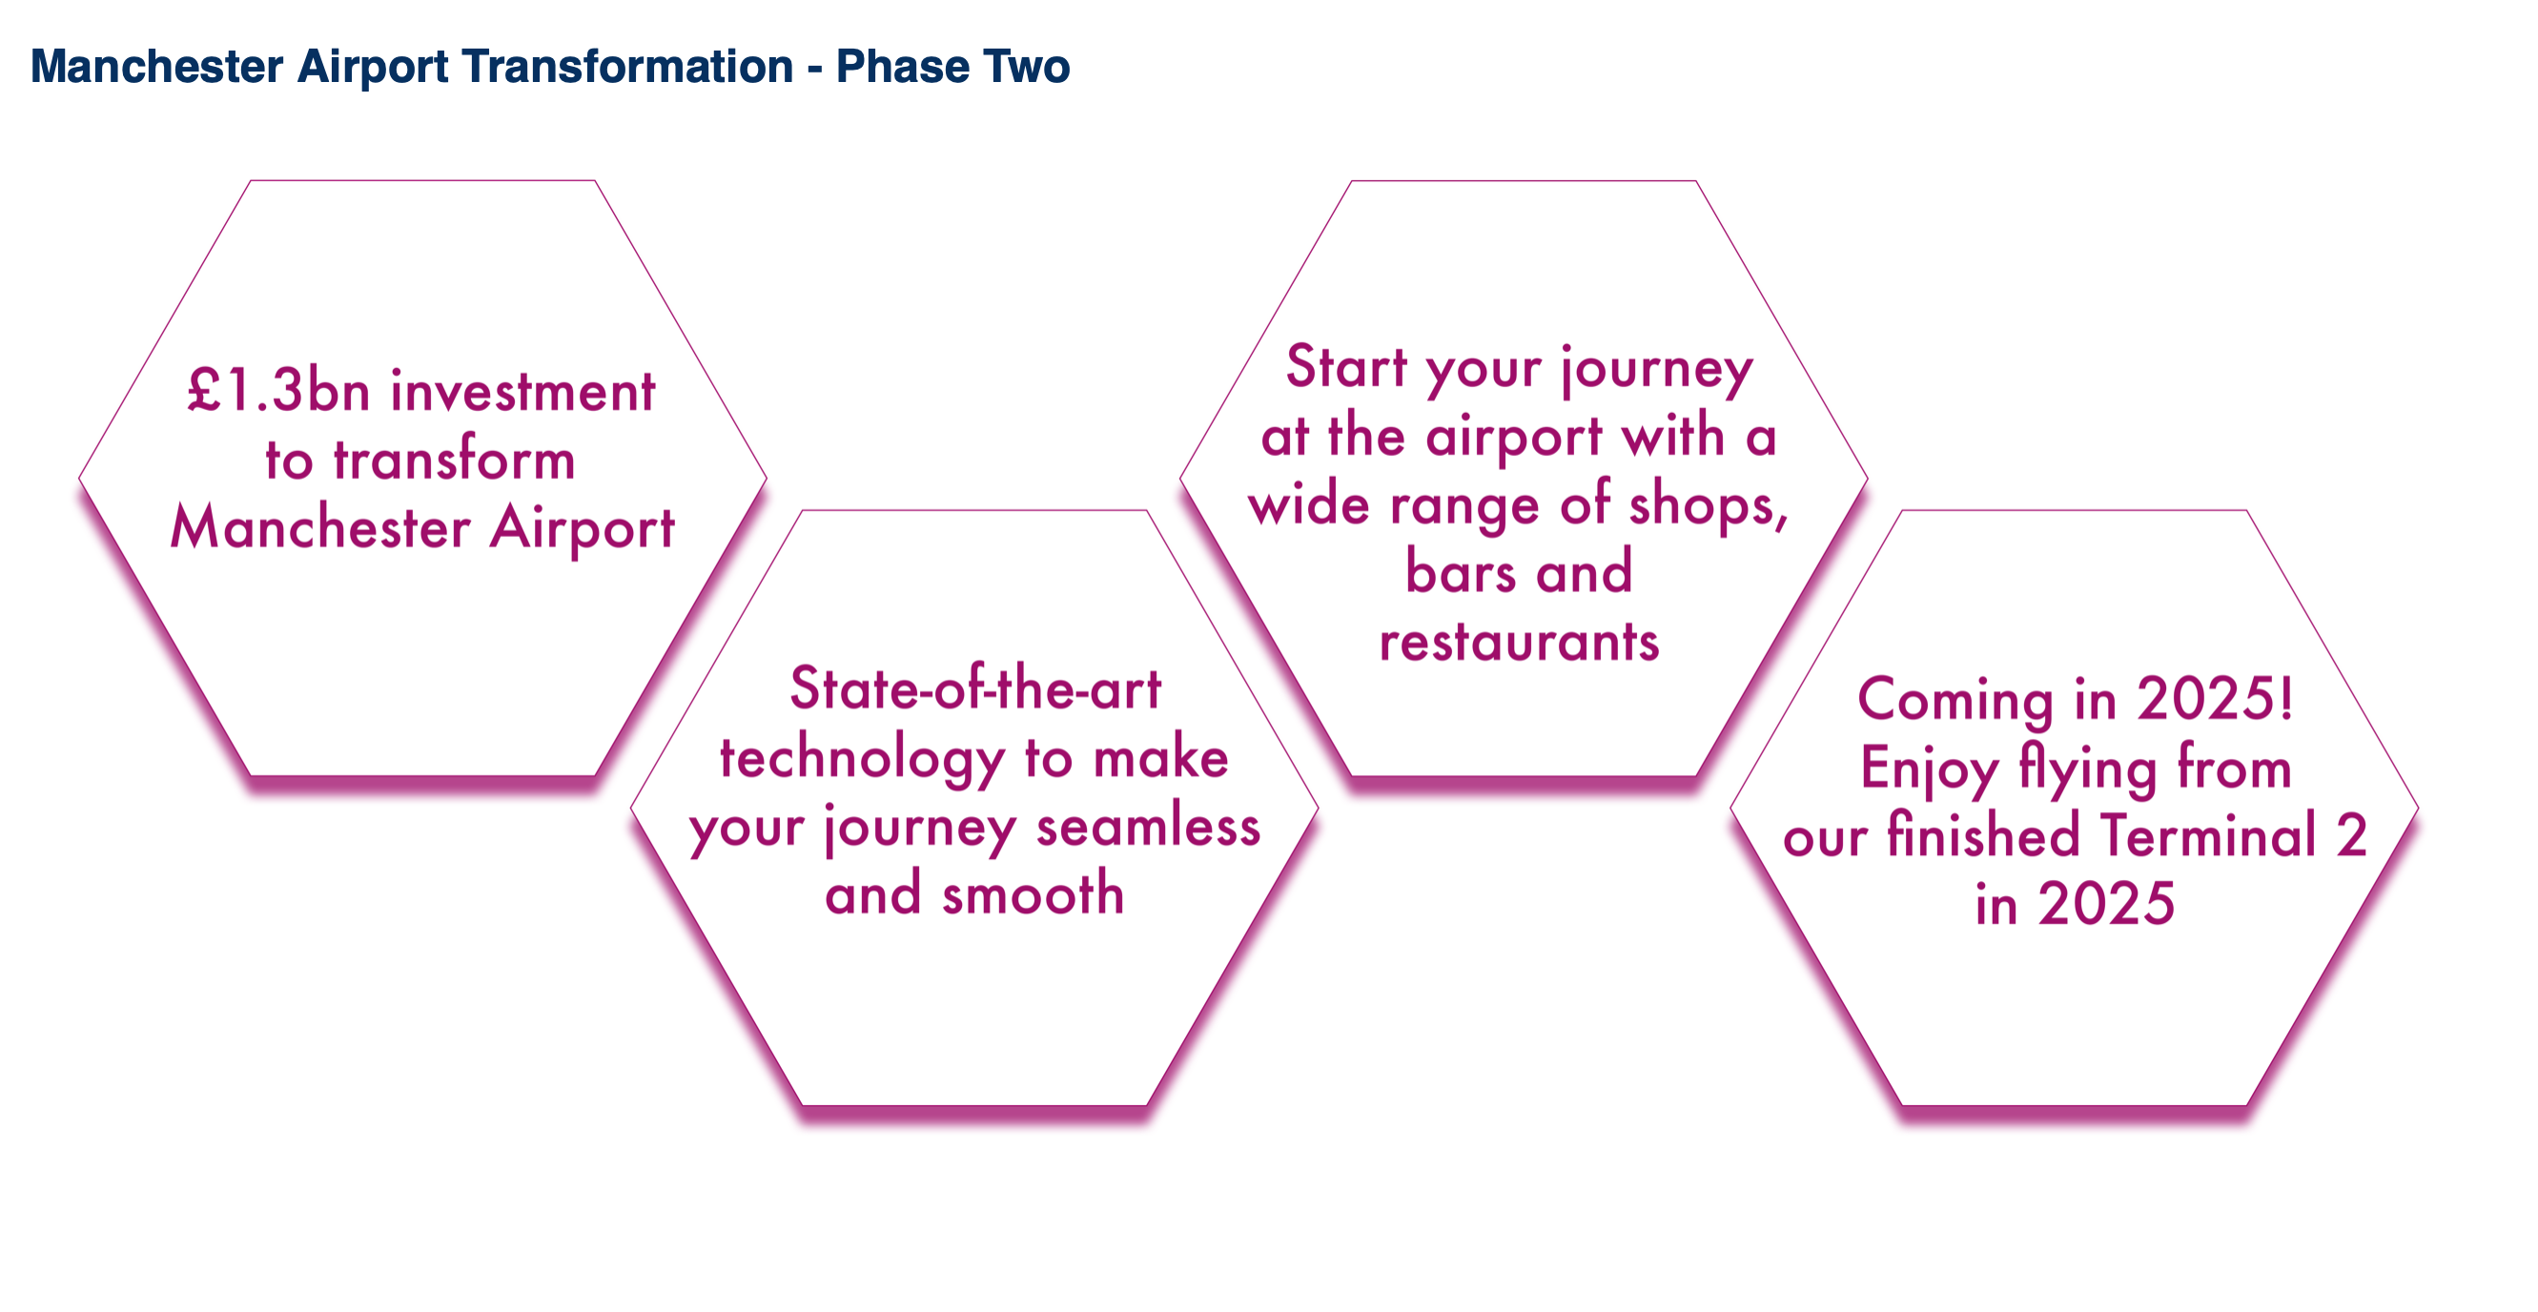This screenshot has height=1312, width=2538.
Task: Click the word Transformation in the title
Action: tap(627, 67)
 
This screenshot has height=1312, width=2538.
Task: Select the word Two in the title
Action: tap(1026, 67)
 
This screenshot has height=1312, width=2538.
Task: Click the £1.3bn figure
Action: tap(278, 389)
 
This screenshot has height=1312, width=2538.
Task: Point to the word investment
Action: tap(523, 391)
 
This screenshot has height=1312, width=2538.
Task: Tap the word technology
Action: tap(862, 759)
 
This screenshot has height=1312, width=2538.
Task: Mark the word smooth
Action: tap(1033, 893)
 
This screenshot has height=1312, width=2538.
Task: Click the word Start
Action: tap(1347, 365)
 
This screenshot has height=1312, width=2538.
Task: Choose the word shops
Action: tap(1709, 504)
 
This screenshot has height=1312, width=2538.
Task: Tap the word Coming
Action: tap(1955, 700)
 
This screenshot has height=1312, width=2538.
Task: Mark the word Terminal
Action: tap(2208, 834)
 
